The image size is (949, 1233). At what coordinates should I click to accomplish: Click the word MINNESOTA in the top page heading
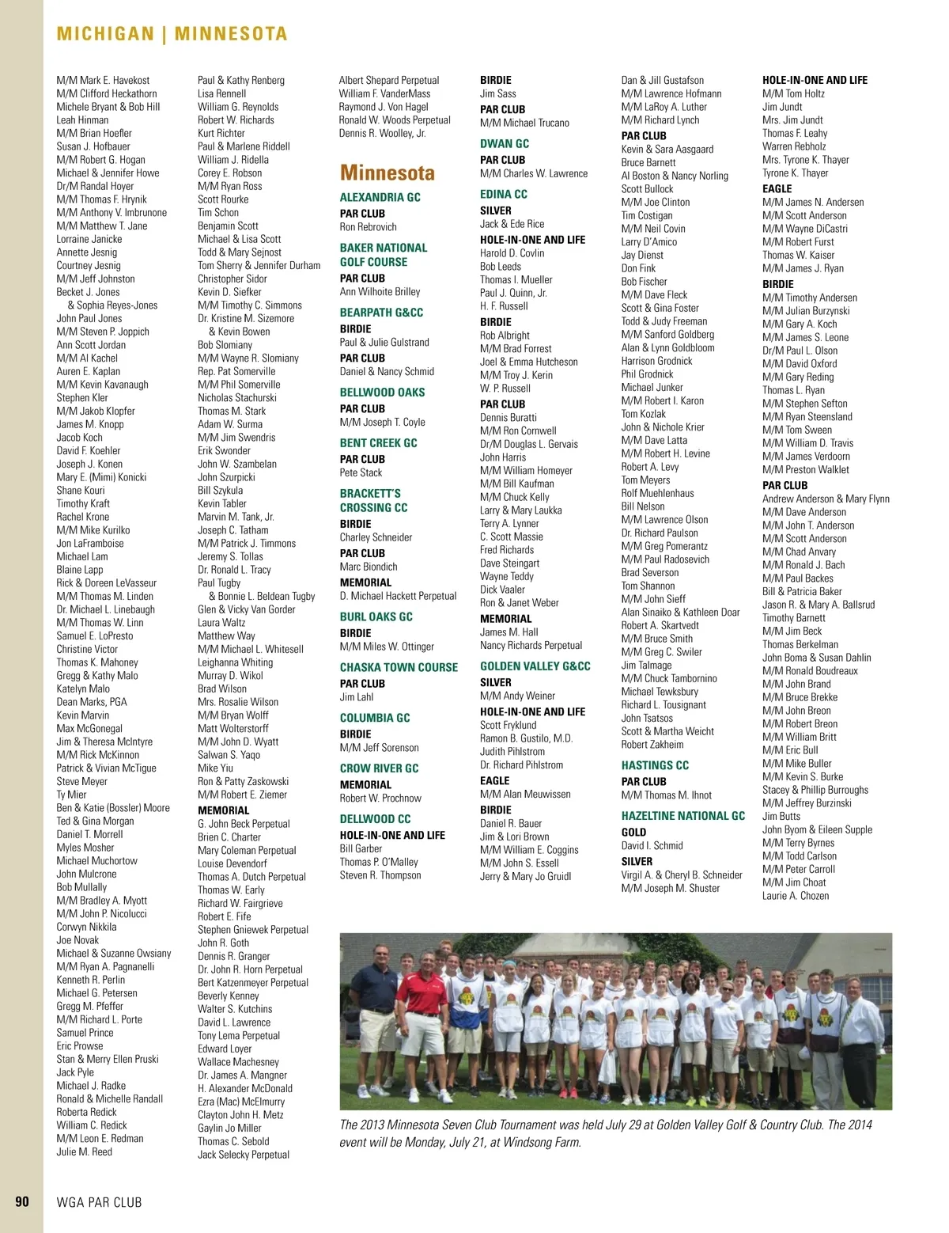point(231,34)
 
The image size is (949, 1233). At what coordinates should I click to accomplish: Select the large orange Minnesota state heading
point(388,173)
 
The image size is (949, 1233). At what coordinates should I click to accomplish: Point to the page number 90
point(22,1201)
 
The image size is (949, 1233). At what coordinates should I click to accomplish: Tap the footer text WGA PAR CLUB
point(100,1202)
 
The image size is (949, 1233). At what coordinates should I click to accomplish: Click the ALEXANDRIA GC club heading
point(380,198)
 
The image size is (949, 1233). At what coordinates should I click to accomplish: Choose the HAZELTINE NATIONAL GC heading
point(683,816)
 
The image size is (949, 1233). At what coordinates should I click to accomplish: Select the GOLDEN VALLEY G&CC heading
point(535,666)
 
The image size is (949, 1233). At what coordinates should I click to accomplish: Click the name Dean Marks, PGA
point(92,702)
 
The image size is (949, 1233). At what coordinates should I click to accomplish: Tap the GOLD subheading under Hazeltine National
point(633,833)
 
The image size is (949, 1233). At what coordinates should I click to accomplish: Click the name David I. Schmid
point(652,845)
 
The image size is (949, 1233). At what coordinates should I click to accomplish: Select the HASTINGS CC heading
point(655,765)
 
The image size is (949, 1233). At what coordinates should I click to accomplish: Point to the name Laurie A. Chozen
point(796,896)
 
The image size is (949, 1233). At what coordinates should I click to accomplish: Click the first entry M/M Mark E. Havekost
point(103,80)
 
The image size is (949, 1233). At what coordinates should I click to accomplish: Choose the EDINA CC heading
point(504,194)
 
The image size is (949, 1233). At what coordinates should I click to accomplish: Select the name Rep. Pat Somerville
point(236,371)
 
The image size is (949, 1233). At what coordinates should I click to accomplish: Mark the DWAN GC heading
point(505,144)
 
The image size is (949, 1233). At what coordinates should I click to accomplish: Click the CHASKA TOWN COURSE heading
point(399,667)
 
